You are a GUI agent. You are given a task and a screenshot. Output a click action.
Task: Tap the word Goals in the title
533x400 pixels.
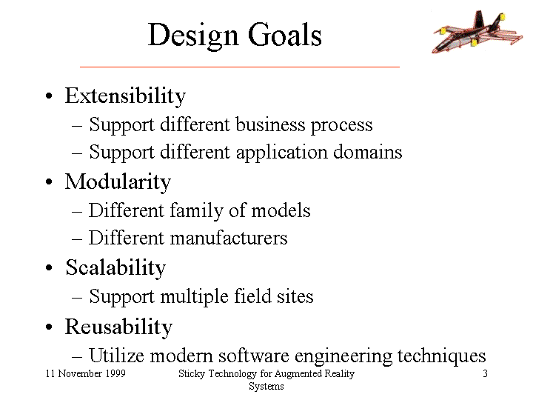[x=284, y=35]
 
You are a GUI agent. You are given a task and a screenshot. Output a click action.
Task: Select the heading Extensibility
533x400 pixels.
[x=125, y=96]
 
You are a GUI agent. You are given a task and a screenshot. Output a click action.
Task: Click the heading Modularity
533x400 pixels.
[x=118, y=182]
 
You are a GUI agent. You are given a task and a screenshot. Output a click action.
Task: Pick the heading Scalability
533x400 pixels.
[x=115, y=268]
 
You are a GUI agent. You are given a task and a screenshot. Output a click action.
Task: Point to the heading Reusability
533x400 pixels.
[x=118, y=327]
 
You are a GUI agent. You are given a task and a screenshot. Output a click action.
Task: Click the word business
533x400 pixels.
[x=270, y=124]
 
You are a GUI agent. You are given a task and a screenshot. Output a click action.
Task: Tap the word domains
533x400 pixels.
[x=367, y=152]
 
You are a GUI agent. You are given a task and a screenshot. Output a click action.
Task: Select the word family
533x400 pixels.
[x=196, y=212]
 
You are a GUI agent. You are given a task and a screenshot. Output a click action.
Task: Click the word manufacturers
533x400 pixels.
[x=229, y=238]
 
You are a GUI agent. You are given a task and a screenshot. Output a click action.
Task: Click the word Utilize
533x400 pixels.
[x=117, y=356]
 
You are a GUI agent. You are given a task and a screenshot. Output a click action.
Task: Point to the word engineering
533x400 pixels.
[x=343, y=357]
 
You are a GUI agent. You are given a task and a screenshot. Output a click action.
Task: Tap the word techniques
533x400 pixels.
[x=441, y=356]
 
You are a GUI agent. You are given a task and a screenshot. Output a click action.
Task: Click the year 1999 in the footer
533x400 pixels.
[x=115, y=373]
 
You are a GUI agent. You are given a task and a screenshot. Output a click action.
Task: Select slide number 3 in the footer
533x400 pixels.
[x=485, y=373]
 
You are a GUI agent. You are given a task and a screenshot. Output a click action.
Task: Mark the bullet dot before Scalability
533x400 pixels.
[x=49, y=267]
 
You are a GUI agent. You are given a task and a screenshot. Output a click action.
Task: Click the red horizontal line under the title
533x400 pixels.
[x=240, y=67]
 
